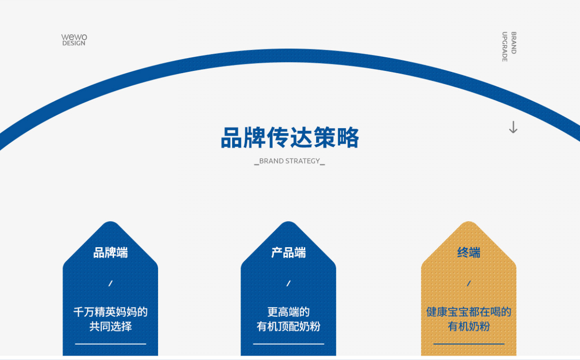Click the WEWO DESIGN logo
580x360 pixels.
(x=74, y=40)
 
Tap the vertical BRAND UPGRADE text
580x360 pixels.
(x=509, y=46)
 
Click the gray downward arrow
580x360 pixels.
(x=513, y=127)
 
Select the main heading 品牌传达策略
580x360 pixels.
(x=290, y=138)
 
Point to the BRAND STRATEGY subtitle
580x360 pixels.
(x=289, y=161)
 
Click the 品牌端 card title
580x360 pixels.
(x=111, y=252)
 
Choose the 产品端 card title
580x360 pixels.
(x=288, y=252)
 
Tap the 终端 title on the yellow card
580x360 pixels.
(x=469, y=252)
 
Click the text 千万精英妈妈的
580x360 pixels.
(x=111, y=312)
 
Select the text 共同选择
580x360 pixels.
(x=111, y=327)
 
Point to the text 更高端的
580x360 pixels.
(x=288, y=312)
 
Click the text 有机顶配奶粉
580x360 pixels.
(x=288, y=327)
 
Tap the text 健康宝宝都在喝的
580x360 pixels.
(x=469, y=312)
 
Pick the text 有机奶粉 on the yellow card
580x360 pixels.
(x=469, y=327)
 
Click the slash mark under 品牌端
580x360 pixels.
(x=111, y=283)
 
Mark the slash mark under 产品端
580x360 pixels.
(x=288, y=283)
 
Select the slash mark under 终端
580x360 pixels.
(x=469, y=283)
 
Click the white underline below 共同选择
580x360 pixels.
(x=111, y=344)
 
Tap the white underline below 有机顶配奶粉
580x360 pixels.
(x=288, y=344)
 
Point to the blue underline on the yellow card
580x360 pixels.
(x=469, y=344)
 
